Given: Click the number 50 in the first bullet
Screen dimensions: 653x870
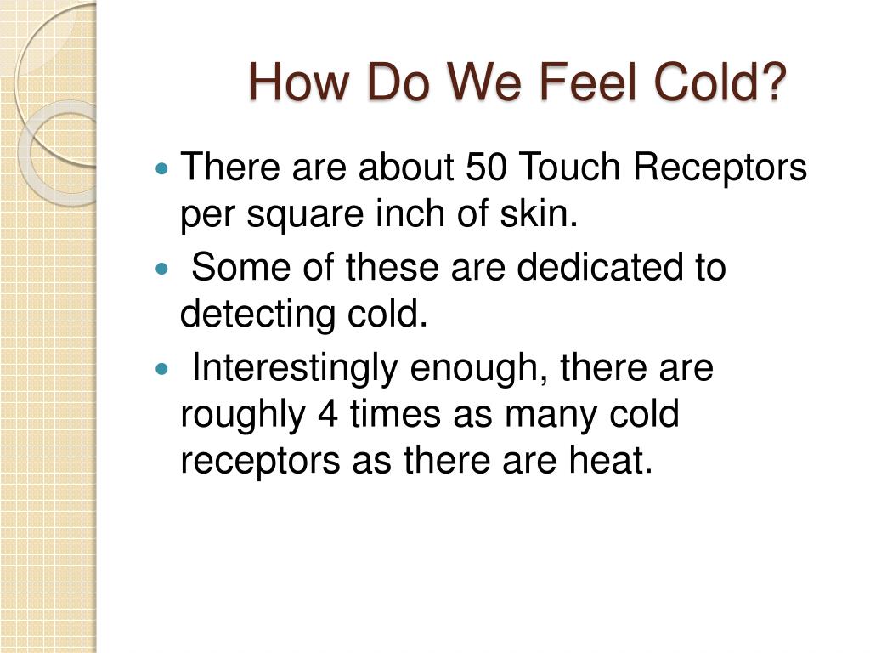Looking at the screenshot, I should pyautogui.click(x=486, y=167).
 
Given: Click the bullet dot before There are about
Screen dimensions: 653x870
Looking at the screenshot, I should pyautogui.click(x=164, y=168).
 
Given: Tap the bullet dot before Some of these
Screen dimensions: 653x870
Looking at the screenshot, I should pyautogui.click(x=164, y=268).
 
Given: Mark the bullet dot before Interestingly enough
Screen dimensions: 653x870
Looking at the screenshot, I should pyautogui.click(x=164, y=368).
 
